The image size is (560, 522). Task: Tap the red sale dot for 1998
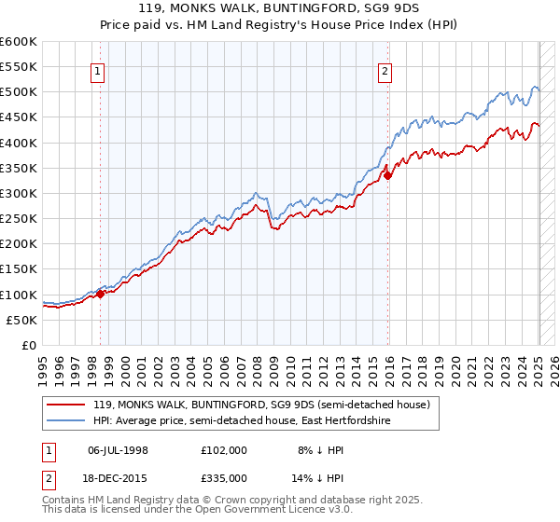pos(100,294)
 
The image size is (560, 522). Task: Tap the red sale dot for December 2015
pos(388,175)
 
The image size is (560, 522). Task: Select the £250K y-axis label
pos(18,219)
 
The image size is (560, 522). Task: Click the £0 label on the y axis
pos(28,346)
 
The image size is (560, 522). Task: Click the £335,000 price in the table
pos(224,476)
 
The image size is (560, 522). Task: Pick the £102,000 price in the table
pos(224,449)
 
